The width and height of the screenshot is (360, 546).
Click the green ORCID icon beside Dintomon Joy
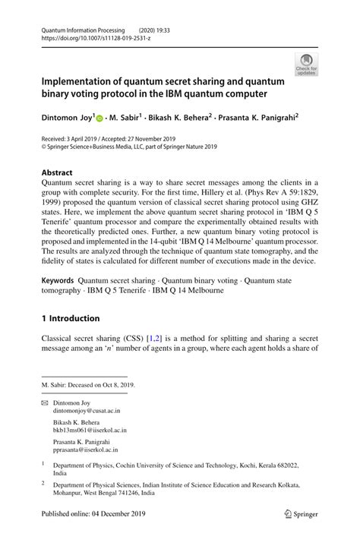pyautogui.click(x=100, y=118)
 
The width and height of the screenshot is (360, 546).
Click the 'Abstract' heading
pyautogui.click(x=58, y=172)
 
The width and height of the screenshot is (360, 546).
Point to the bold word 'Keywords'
pyautogui.click(x=58, y=280)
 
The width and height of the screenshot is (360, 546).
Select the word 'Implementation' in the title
pyautogui.click(x=82, y=81)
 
